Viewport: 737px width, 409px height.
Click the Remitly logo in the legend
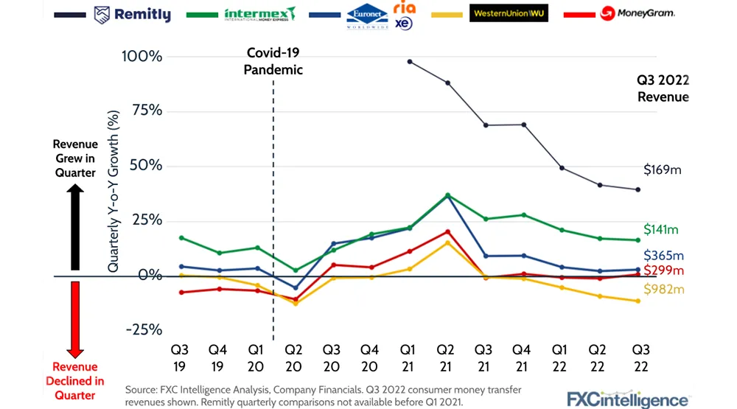tap(133, 14)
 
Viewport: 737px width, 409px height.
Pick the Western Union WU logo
tap(509, 14)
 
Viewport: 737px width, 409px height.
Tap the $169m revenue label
tap(663, 170)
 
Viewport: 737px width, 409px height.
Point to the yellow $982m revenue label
tap(663, 289)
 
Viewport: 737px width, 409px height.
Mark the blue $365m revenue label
tap(663, 255)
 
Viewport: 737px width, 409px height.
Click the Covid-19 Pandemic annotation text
tap(274, 61)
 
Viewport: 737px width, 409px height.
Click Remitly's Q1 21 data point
tap(409, 61)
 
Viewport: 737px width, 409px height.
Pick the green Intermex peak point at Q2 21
tap(447, 195)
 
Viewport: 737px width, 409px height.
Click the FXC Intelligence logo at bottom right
tap(628, 399)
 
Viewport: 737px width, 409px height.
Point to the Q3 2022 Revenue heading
tap(663, 88)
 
